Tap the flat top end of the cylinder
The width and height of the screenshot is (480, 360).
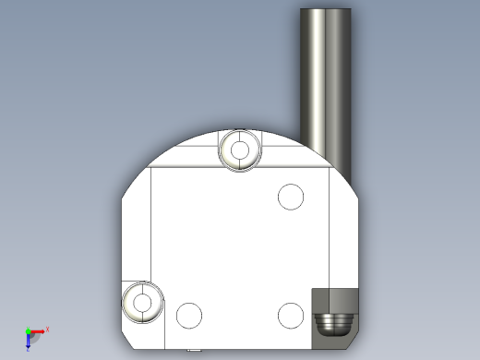click(326, 10)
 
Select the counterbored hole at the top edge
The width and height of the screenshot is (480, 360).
click(241, 150)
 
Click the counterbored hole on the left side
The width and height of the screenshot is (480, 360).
click(143, 302)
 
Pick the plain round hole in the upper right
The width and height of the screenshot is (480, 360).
click(291, 197)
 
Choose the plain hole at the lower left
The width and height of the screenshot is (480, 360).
click(189, 316)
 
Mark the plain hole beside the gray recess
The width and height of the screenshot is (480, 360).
click(290, 316)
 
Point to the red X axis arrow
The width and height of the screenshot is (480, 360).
click(38, 330)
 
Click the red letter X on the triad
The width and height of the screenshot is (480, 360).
click(47, 329)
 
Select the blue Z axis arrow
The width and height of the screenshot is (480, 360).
click(29, 340)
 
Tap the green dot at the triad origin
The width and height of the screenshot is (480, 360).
click(28, 331)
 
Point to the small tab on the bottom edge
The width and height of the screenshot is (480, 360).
click(194, 350)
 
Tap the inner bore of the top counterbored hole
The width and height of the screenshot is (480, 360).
click(241, 150)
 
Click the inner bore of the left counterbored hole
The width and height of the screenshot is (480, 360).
click(143, 302)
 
